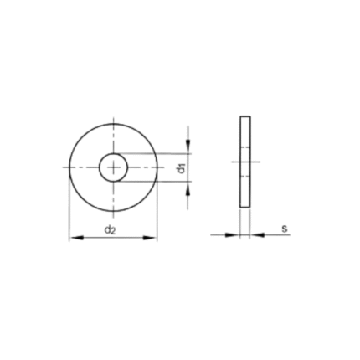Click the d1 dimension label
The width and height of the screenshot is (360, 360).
(182, 168)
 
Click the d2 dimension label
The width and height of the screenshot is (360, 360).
(110, 230)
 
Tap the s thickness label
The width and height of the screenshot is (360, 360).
(284, 229)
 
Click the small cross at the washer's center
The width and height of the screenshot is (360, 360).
(113, 167)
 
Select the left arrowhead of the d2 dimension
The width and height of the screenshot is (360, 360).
(76, 238)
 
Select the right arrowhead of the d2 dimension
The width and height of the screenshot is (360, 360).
(150, 238)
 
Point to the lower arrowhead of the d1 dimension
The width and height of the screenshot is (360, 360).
(188, 188)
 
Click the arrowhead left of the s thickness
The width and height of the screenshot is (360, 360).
(232, 235)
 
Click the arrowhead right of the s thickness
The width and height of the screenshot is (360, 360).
(257, 235)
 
